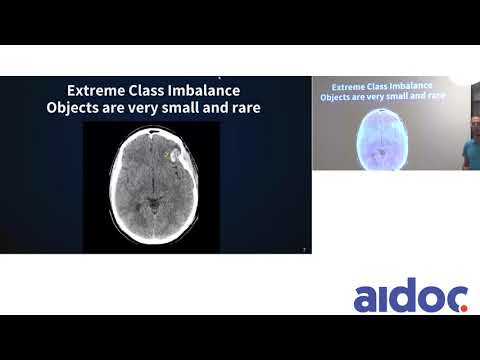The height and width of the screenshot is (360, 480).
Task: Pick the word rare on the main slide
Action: point(243,107)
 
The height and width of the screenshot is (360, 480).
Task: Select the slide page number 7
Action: point(304,249)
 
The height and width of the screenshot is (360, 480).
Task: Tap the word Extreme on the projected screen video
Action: point(346,87)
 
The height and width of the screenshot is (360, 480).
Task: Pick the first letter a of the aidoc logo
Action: point(366,299)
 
